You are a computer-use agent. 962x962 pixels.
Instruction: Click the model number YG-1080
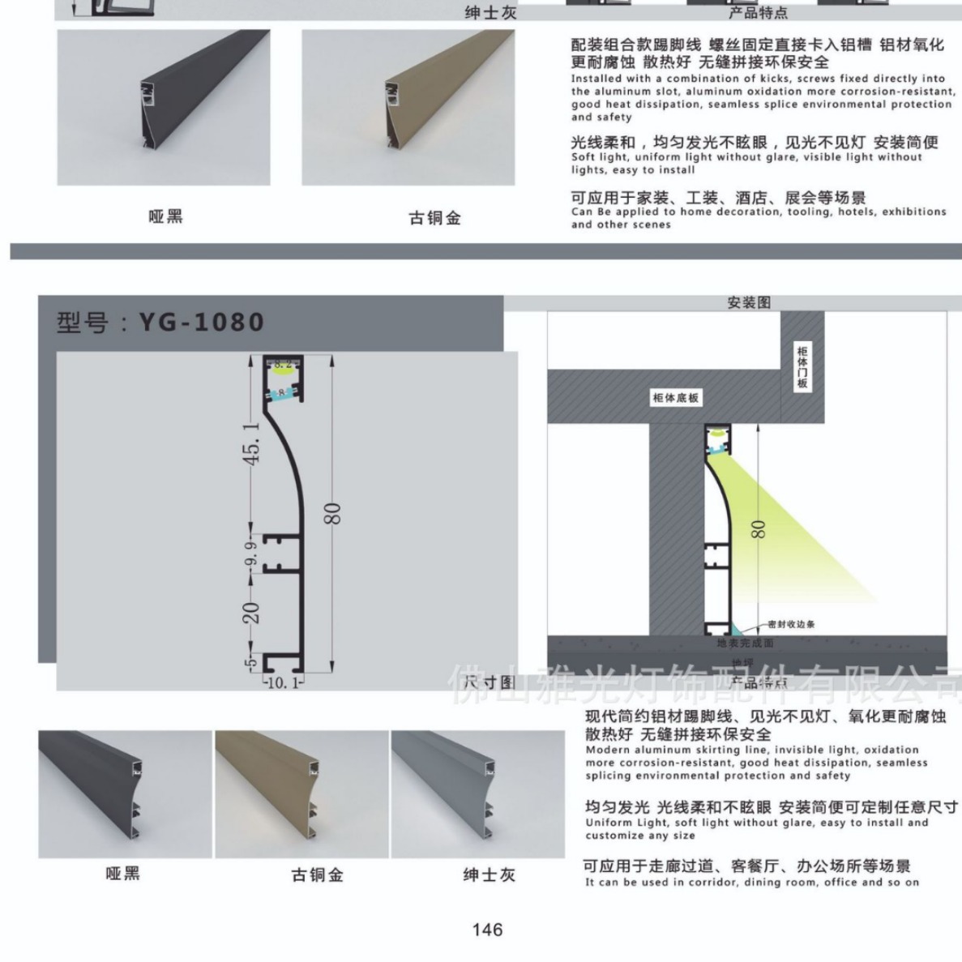(x=201, y=323)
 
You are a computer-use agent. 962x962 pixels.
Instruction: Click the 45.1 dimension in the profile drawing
(x=252, y=443)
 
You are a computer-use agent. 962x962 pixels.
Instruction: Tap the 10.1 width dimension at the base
(x=282, y=683)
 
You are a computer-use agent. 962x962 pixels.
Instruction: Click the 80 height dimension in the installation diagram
(x=758, y=529)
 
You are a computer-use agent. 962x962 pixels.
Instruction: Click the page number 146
(x=487, y=930)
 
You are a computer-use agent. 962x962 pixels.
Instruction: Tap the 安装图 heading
(x=749, y=303)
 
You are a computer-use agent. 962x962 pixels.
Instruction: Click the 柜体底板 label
(x=675, y=398)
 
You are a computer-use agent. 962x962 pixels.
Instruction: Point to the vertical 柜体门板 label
(x=802, y=366)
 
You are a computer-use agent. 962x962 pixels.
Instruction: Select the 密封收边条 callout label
(x=792, y=624)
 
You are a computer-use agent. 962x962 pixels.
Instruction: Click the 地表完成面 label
(x=746, y=643)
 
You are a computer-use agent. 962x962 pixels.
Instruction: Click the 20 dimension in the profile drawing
(x=252, y=613)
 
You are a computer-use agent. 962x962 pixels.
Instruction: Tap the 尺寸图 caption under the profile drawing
(x=490, y=682)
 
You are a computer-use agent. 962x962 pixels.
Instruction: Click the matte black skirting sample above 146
(x=124, y=793)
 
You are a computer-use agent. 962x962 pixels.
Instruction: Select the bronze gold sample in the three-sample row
(x=302, y=793)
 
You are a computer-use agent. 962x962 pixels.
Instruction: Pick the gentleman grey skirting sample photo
(x=477, y=793)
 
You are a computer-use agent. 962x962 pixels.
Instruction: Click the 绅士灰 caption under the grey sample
(x=489, y=875)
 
